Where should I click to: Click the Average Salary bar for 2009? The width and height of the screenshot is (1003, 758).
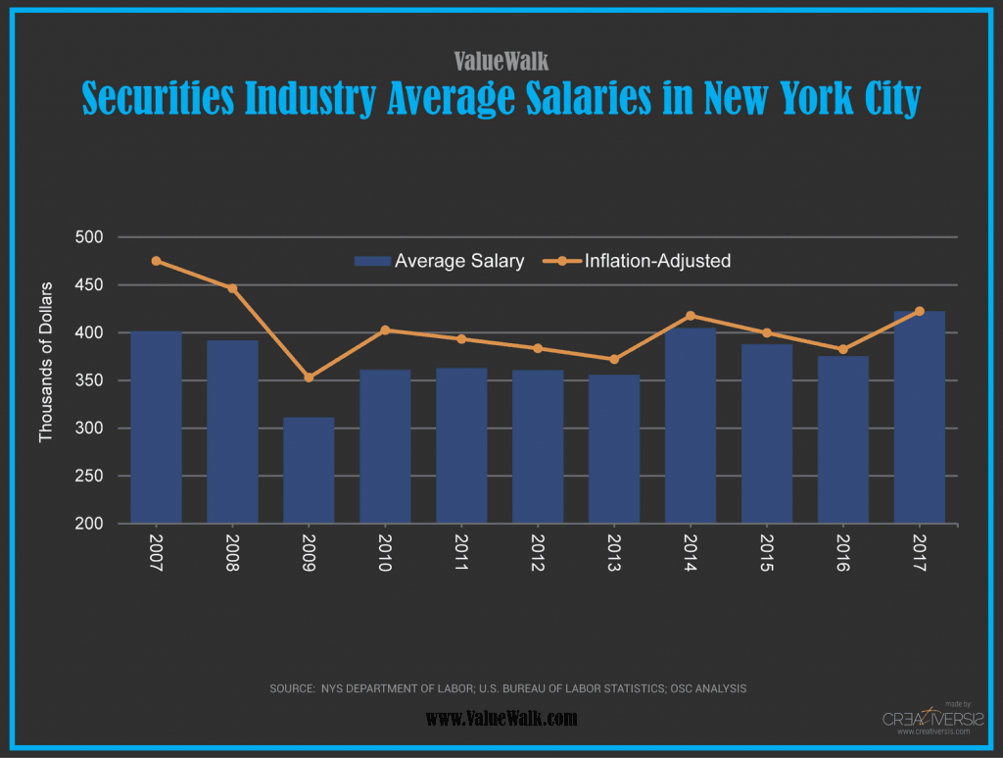(x=309, y=471)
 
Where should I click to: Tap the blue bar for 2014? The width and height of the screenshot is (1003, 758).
(x=691, y=426)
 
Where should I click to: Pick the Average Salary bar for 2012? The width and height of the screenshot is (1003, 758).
(x=538, y=447)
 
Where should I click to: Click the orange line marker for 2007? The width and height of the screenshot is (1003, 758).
(x=156, y=261)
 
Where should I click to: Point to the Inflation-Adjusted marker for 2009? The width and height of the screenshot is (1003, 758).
(x=309, y=378)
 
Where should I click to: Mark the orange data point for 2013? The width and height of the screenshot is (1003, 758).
(x=614, y=359)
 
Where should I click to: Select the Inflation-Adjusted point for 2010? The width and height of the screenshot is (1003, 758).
(x=385, y=330)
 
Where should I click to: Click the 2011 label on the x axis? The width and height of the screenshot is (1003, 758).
(x=461, y=554)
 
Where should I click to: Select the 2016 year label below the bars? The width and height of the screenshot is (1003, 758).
(x=843, y=554)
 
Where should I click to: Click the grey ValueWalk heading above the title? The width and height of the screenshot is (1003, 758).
(x=501, y=61)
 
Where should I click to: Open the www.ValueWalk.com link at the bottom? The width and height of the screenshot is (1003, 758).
(x=501, y=719)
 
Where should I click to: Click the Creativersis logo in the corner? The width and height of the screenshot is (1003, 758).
(x=926, y=719)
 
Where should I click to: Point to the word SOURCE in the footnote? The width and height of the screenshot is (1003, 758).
(x=291, y=689)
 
